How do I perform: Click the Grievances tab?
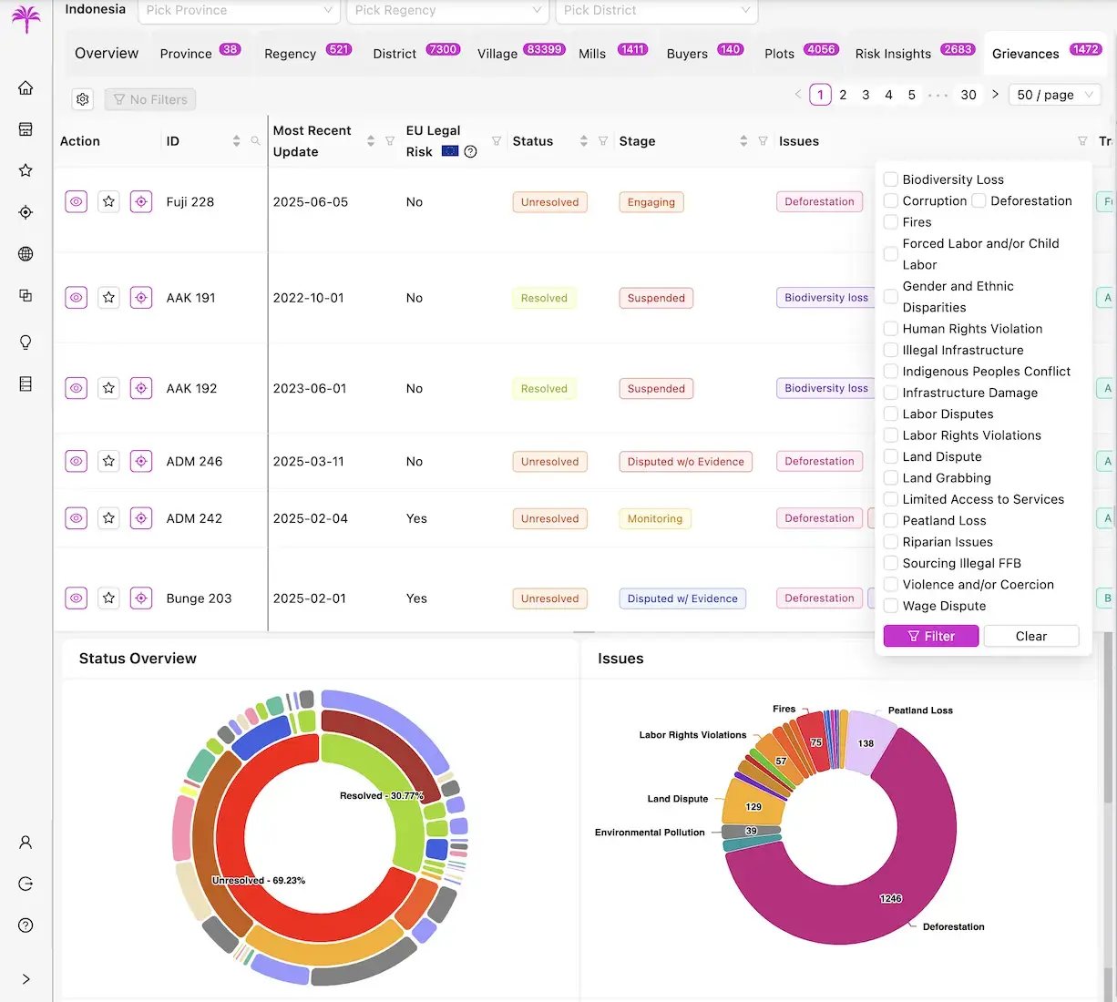tap(1025, 54)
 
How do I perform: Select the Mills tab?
tap(592, 54)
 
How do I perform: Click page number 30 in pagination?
tap(968, 95)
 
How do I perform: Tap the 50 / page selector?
tap(1054, 95)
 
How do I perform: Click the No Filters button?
tap(150, 99)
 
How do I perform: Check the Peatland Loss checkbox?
tap(891, 521)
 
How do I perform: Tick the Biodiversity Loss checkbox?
tap(891, 179)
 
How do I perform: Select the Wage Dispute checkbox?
tap(891, 606)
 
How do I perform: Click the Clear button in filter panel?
tap(1030, 636)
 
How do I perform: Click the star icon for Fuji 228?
tap(108, 202)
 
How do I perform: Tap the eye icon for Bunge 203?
tap(77, 598)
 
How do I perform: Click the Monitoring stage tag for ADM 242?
tap(654, 518)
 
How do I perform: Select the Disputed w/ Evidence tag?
tap(681, 598)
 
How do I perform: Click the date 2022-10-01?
tap(309, 298)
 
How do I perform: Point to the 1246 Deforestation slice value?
tap(890, 898)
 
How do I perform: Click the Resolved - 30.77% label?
tap(381, 795)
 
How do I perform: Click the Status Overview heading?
tap(138, 659)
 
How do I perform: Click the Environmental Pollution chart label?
tap(649, 833)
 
